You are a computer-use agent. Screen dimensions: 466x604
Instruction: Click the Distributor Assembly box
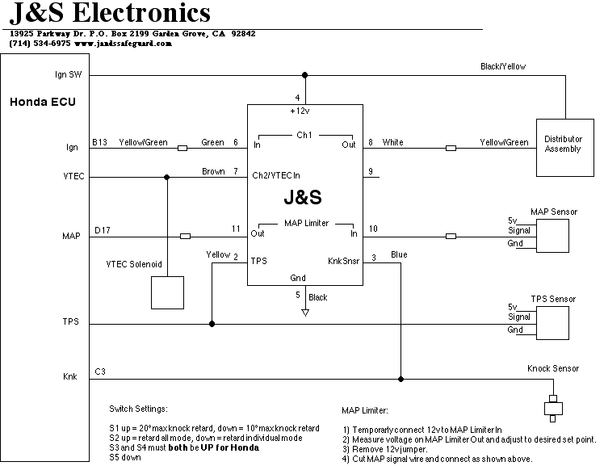coord(563,144)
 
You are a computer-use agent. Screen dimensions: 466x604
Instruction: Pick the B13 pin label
coord(99,143)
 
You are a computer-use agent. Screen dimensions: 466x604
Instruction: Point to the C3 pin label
coord(99,371)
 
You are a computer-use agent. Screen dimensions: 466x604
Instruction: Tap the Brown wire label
coord(213,171)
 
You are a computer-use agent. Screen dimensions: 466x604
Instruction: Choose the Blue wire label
coord(398,255)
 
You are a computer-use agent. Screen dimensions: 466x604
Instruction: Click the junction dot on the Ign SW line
coord(304,76)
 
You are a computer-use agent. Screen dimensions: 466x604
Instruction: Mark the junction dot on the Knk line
coord(401,377)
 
